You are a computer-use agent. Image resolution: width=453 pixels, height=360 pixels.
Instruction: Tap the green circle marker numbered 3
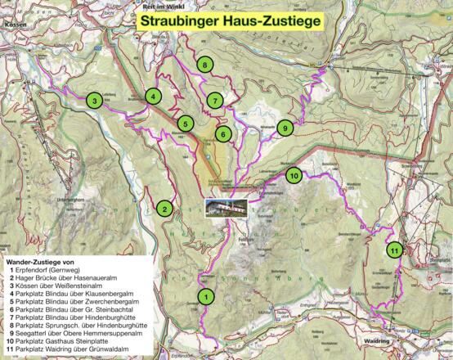pyautogui.click(x=95, y=101)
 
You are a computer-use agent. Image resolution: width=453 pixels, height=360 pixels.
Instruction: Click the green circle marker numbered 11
pyautogui.click(x=394, y=250)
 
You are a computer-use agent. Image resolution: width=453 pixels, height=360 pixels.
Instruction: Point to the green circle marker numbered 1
pyautogui.click(x=206, y=295)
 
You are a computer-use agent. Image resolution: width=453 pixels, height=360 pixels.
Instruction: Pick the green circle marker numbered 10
pyautogui.click(x=294, y=175)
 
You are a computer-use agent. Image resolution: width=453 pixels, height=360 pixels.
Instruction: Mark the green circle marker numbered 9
pyautogui.click(x=284, y=128)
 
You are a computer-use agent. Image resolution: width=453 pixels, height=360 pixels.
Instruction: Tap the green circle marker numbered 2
pyautogui.click(x=165, y=209)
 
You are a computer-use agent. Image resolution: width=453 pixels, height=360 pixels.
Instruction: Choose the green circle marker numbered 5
pyautogui.click(x=186, y=124)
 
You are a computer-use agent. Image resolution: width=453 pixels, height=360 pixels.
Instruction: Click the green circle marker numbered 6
pyautogui.click(x=222, y=133)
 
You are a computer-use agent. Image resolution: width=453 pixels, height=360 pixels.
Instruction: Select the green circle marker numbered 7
pyautogui.click(x=214, y=101)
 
